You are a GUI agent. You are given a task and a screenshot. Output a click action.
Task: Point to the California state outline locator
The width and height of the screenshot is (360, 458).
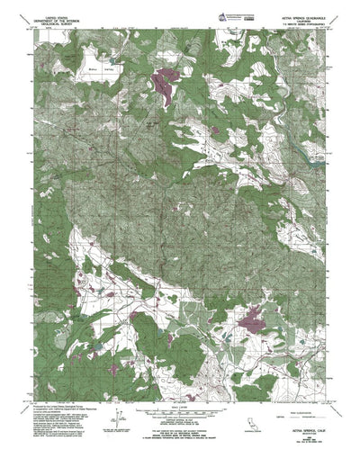(316, 427)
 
